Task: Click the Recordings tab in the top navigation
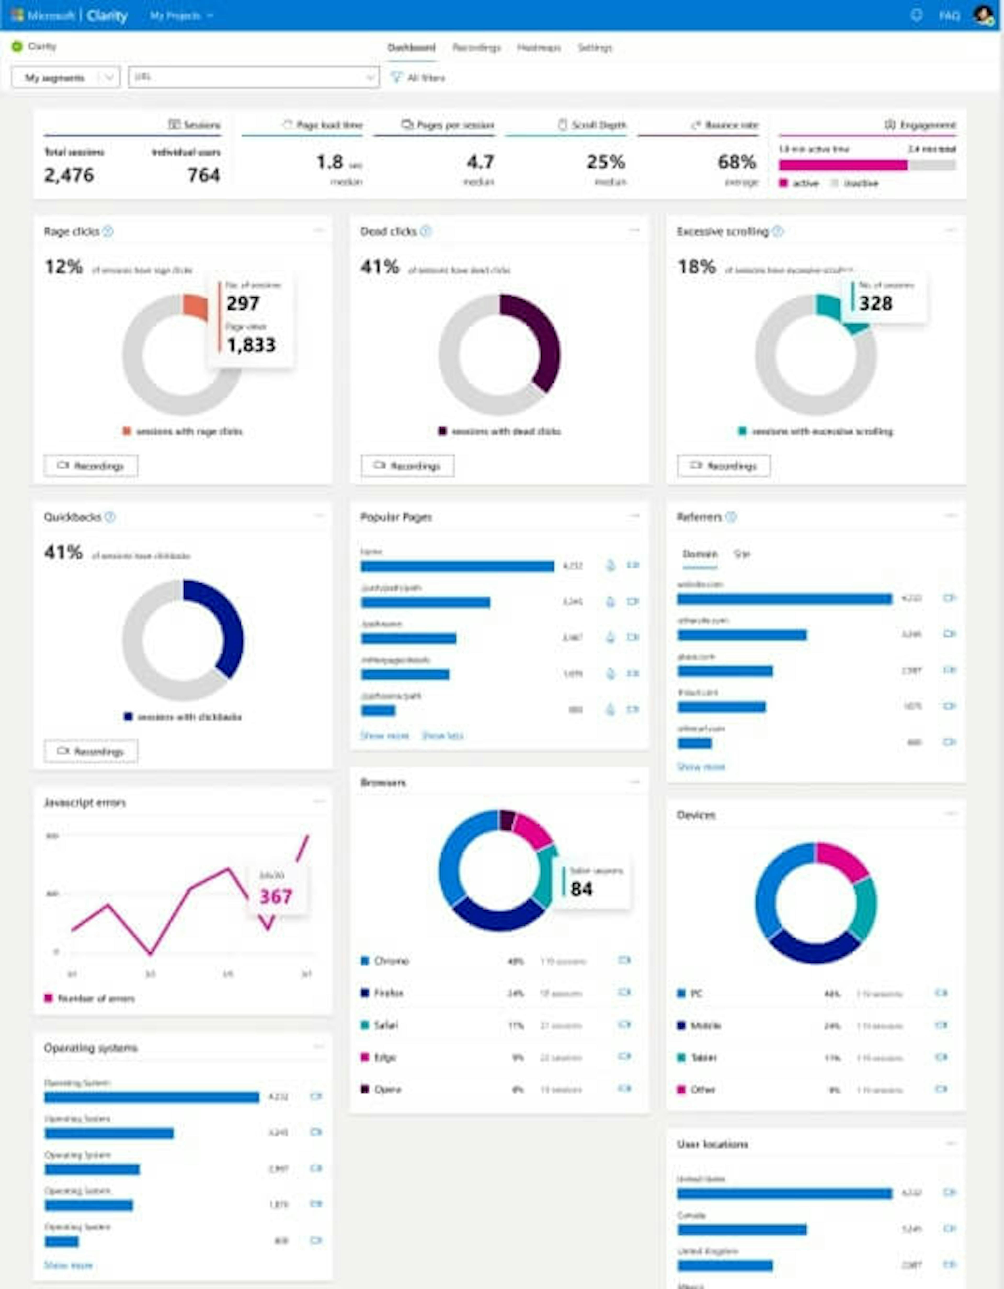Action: coord(476,48)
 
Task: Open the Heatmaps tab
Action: coord(539,48)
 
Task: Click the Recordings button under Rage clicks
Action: coord(91,466)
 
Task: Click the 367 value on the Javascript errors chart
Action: coord(276,897)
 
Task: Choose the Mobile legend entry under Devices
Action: coord(705,1025)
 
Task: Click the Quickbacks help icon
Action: coord(110,517)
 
